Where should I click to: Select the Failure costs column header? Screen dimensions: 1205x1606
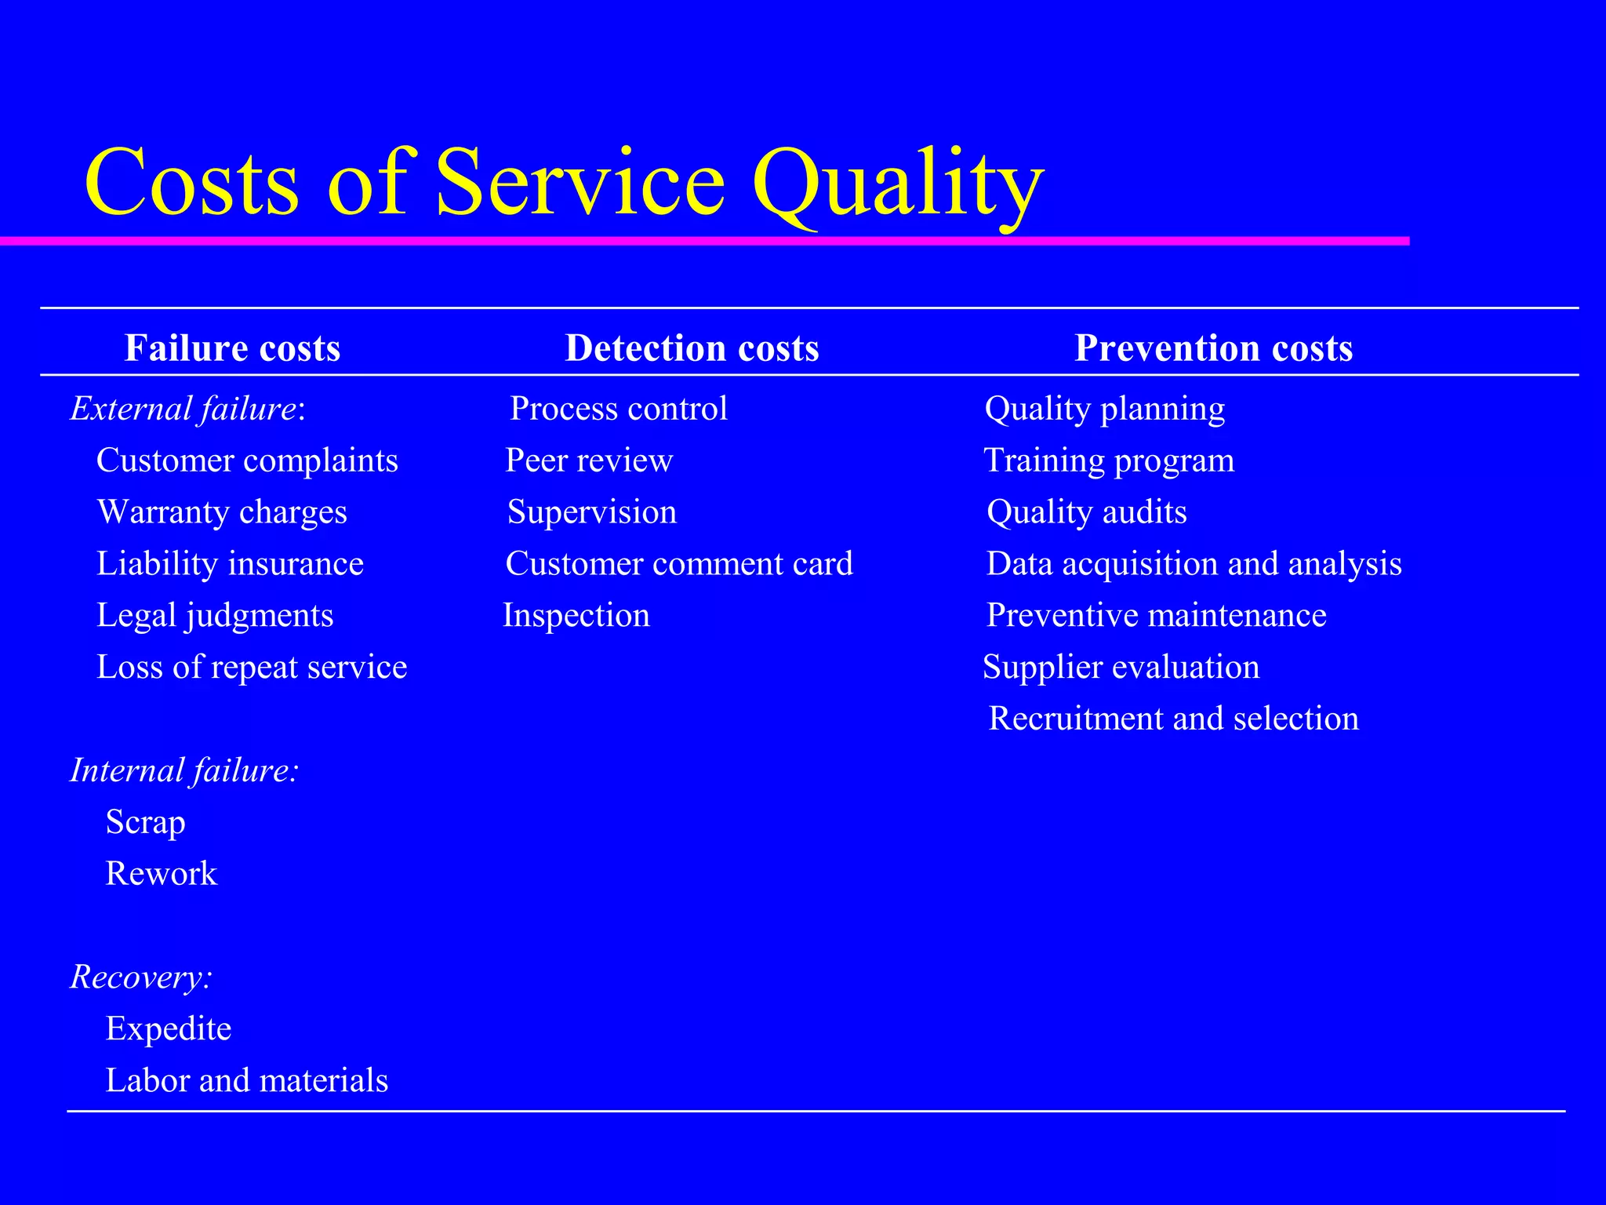(x=232, y=348)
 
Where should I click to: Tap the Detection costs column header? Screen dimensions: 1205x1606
(x=692, y=348)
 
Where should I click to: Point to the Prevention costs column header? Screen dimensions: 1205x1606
(x=1213, y=348)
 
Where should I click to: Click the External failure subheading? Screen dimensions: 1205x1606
(x=187, y=409)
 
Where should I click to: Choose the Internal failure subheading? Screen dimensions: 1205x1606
(x=184, y=770)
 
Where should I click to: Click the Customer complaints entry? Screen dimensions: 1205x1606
(x=247, y=461)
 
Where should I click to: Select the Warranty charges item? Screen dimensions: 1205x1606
(x=222, y=512)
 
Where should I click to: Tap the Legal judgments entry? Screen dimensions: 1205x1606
(x=215, y=615)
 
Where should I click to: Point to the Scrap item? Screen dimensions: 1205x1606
(x=145, y=822)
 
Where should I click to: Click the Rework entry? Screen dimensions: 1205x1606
(x=161, y=874)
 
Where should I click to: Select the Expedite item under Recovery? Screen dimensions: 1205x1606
(x=168, y=1028)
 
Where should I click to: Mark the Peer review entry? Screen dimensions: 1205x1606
(x=589, y=461)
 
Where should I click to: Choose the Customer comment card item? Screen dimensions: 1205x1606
(x=679, y=564)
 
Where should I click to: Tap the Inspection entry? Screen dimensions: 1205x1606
(x=576, y=615)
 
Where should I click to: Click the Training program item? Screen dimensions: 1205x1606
(x=1109, y=461)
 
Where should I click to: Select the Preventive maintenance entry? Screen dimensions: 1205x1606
(x=1156, y=615)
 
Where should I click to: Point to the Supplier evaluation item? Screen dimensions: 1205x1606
(x=1121, y=667)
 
